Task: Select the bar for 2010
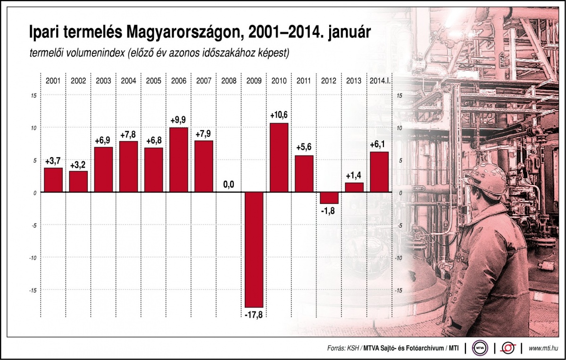(279, 158)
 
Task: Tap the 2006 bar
(179, 159)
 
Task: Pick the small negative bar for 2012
(329, 198)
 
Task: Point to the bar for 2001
(53, 180)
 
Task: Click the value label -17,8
(254, 314)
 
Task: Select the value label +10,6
(279, 115)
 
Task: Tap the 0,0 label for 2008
(229, 184)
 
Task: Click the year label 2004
(128, 81)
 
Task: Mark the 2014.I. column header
(380, 81)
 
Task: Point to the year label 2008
(229, 81)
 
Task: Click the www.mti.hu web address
(544, 348)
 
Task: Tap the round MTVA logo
(481, 348)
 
